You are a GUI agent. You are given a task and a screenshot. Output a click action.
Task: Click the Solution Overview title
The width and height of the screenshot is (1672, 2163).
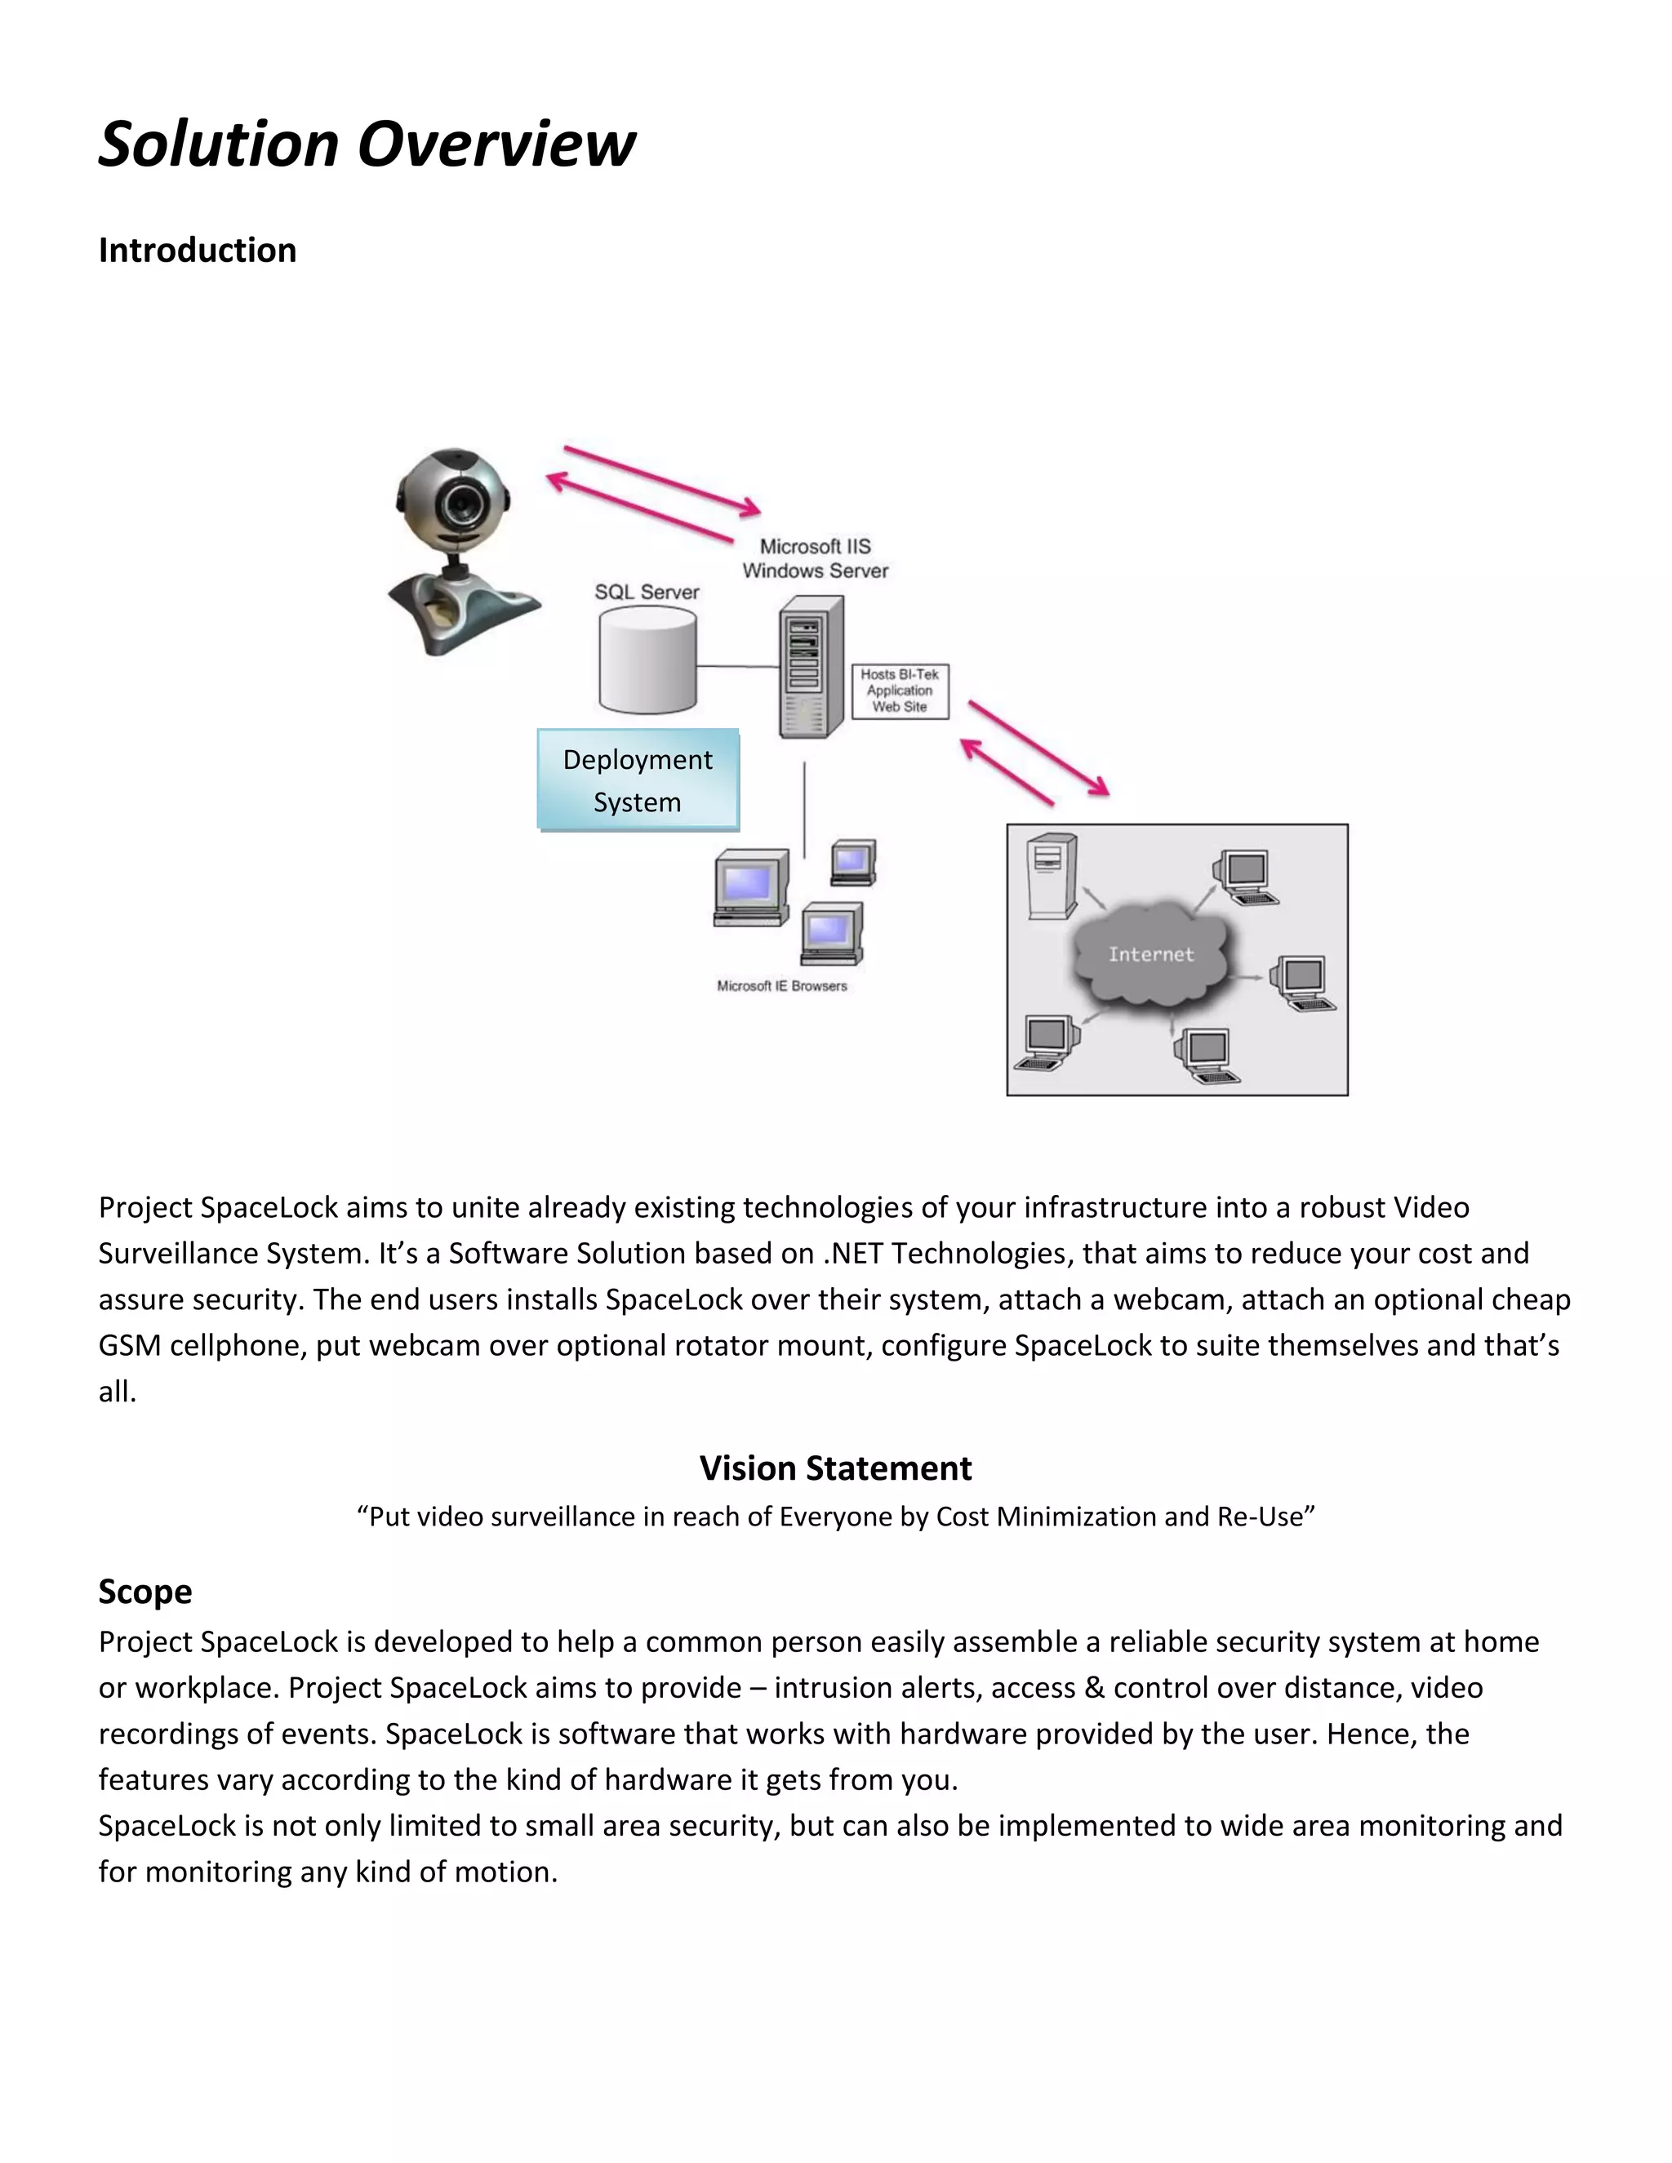367,144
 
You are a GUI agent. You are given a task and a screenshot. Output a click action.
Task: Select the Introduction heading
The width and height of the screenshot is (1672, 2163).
197,251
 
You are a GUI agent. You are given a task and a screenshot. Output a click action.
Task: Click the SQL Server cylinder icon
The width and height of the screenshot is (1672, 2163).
647,660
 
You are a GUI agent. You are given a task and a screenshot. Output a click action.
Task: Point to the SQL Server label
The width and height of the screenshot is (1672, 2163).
647,593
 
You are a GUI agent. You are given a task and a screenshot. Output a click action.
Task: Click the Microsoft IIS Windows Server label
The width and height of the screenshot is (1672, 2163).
816,558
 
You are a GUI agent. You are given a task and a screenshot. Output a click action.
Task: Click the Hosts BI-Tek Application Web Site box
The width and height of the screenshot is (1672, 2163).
900,691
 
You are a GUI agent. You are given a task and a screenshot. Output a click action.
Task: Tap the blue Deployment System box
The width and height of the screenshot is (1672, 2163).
638,780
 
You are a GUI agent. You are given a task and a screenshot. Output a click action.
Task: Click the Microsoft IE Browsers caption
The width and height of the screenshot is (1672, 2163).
781,987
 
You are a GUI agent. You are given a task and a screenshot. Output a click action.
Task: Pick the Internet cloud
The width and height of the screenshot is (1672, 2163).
1151,955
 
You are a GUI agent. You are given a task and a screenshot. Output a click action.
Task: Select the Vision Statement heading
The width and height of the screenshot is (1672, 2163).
835,1468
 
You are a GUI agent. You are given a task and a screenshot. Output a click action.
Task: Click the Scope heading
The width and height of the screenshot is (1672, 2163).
145,1592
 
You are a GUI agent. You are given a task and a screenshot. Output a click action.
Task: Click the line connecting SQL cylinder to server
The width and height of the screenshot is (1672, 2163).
738,667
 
